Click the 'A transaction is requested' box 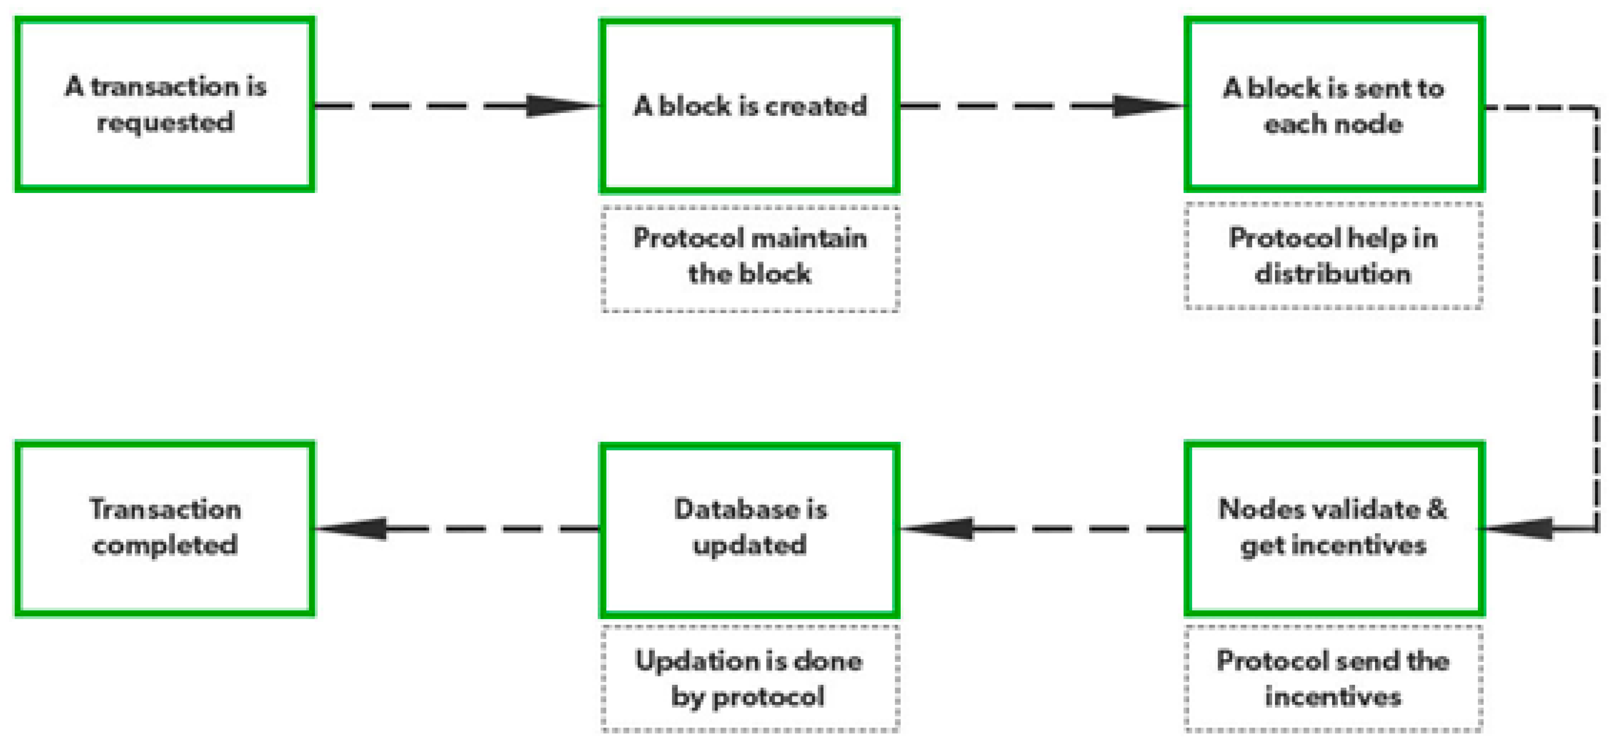point(165,104)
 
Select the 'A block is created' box point(750,105)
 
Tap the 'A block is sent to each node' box point(1334,104)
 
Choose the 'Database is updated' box point(750,529)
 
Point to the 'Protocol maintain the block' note point(750,257)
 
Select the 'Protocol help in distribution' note point(1334,256)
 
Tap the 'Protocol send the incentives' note point(1334,679)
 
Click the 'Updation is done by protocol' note point(750,679)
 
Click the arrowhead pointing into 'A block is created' point(562,105)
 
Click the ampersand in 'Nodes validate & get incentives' point(1437,509)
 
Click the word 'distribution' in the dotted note point(1334,274)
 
